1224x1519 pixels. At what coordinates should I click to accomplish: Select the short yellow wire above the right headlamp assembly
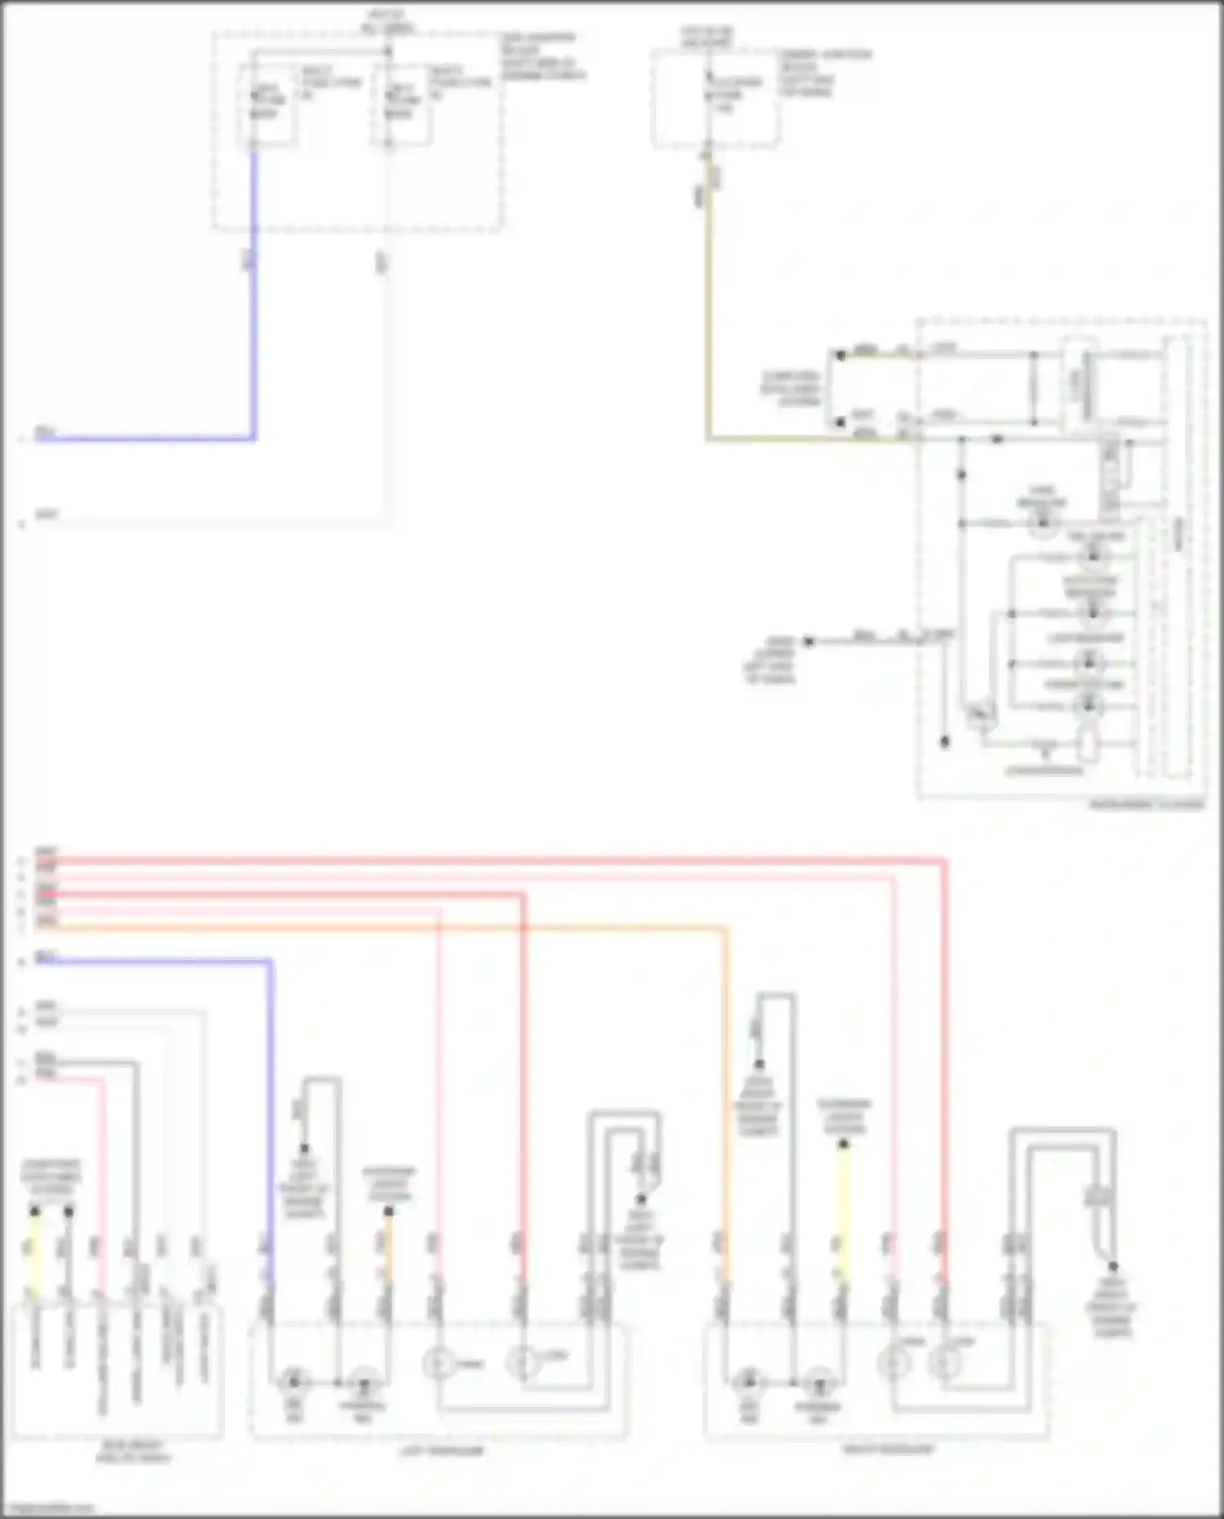point(843,1208)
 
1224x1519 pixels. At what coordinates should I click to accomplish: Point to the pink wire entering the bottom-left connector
point(103,1184)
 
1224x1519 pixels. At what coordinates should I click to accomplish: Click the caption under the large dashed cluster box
point(1146,805)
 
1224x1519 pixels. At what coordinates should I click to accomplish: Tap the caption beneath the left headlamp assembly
point(440,1450)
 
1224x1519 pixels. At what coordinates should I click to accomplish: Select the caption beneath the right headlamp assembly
point(888,1449)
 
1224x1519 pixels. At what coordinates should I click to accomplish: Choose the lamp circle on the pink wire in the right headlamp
point(894,1363)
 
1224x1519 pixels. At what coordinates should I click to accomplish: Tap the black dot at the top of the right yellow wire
point(843,1144)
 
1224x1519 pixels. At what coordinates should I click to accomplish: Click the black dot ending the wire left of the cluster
point(809,642)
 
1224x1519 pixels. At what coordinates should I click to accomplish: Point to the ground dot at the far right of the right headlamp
point(1112,1267)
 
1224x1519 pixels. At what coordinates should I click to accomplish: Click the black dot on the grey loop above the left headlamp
point(304,1148)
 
